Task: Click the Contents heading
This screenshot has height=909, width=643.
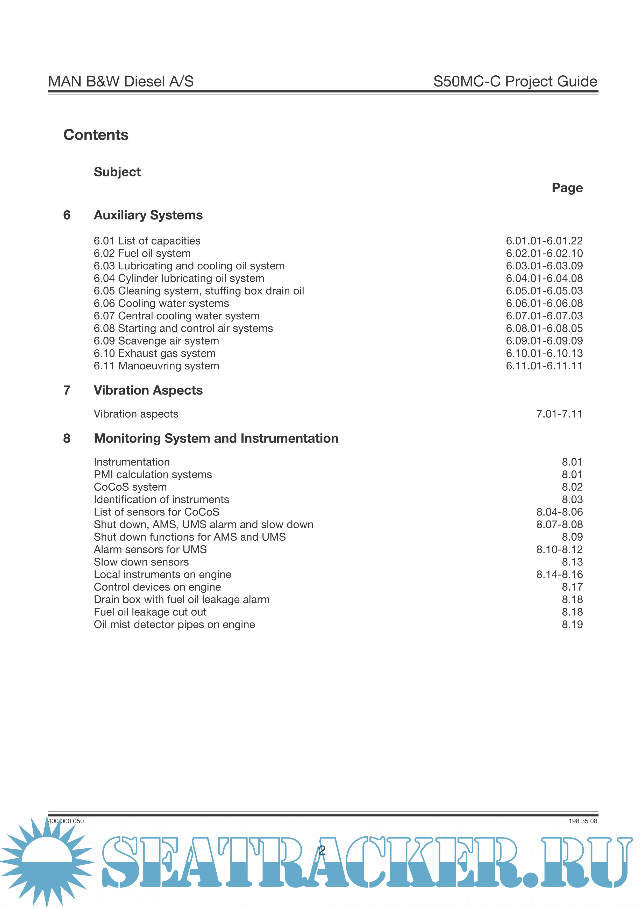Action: [x=96, y=135]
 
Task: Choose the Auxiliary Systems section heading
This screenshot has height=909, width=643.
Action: [x=148, y=215]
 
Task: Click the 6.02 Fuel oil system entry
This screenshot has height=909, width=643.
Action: [x=142, y=253]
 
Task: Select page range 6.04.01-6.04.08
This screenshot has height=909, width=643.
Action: [x=544, y=278]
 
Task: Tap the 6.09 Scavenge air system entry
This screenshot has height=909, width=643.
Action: [x=156, y=341]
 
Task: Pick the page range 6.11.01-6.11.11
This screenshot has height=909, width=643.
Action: [x=544, y=366]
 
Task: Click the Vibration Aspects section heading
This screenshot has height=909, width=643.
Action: [x=148, y=390]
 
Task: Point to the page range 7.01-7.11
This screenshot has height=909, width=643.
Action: [x=559, y=414]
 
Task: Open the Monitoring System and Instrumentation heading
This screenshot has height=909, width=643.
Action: [x=216, y=438]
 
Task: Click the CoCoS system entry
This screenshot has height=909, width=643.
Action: [x=130, y=487]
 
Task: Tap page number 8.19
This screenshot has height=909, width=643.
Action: [x=572, y=625]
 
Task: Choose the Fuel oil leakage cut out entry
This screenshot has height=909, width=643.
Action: [x=150, y=612]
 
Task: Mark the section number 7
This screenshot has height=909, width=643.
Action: [x=67, y=390]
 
